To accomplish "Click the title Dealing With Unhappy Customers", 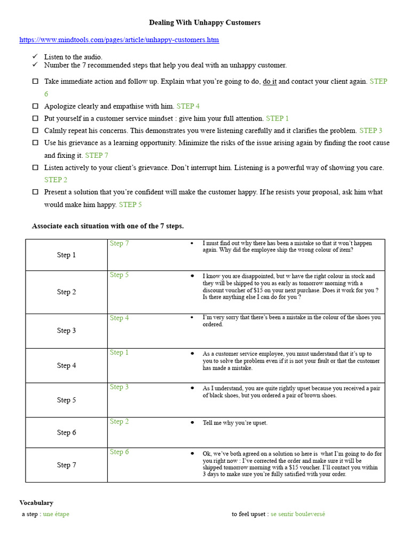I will pyautogui.click(x=204, y=22).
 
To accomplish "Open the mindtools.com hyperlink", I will pyautogui.click(x=119, y=40).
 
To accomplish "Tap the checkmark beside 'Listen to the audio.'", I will pyautogui.click(x=35, y=56).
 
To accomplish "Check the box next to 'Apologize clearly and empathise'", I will pyautogui.click(x=35, y=106).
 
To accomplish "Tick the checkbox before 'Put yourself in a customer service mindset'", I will pyautogui.click(x=35, y=118).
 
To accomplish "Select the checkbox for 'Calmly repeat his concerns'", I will pyautogui.click(x=35, y=130).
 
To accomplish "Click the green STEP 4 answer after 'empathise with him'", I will pyautogui.click(x=188, y=106).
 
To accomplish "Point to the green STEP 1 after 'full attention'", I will pyautogui.click(x=277, y=118).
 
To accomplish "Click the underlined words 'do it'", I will pyautogui.click(x=270, y=82).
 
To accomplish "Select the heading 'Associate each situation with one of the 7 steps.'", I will pyautogui.click(x=108, y=226).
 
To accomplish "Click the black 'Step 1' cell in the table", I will pyautogui.click(x=66, y=255).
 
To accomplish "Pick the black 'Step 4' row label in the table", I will pyautogui.click(x=66, y=366).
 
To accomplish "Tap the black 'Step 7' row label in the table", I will pyautogui.click(x=66, y=465).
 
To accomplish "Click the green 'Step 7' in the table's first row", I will pyautogui.click(x=119, y=244).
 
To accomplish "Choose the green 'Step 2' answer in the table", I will pyautogui.click(x=119, y=422).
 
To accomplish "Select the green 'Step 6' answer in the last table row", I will pyautogui.click(x=119, y=452).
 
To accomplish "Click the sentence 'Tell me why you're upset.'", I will pyautogui.click(x=235, y=423).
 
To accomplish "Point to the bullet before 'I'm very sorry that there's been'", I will pyautogui.click(x=192, y=317).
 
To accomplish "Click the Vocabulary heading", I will pyautogui.click(x=36, y=503).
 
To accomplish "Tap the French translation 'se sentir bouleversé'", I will pyautogui.click(x=298, y=514).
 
